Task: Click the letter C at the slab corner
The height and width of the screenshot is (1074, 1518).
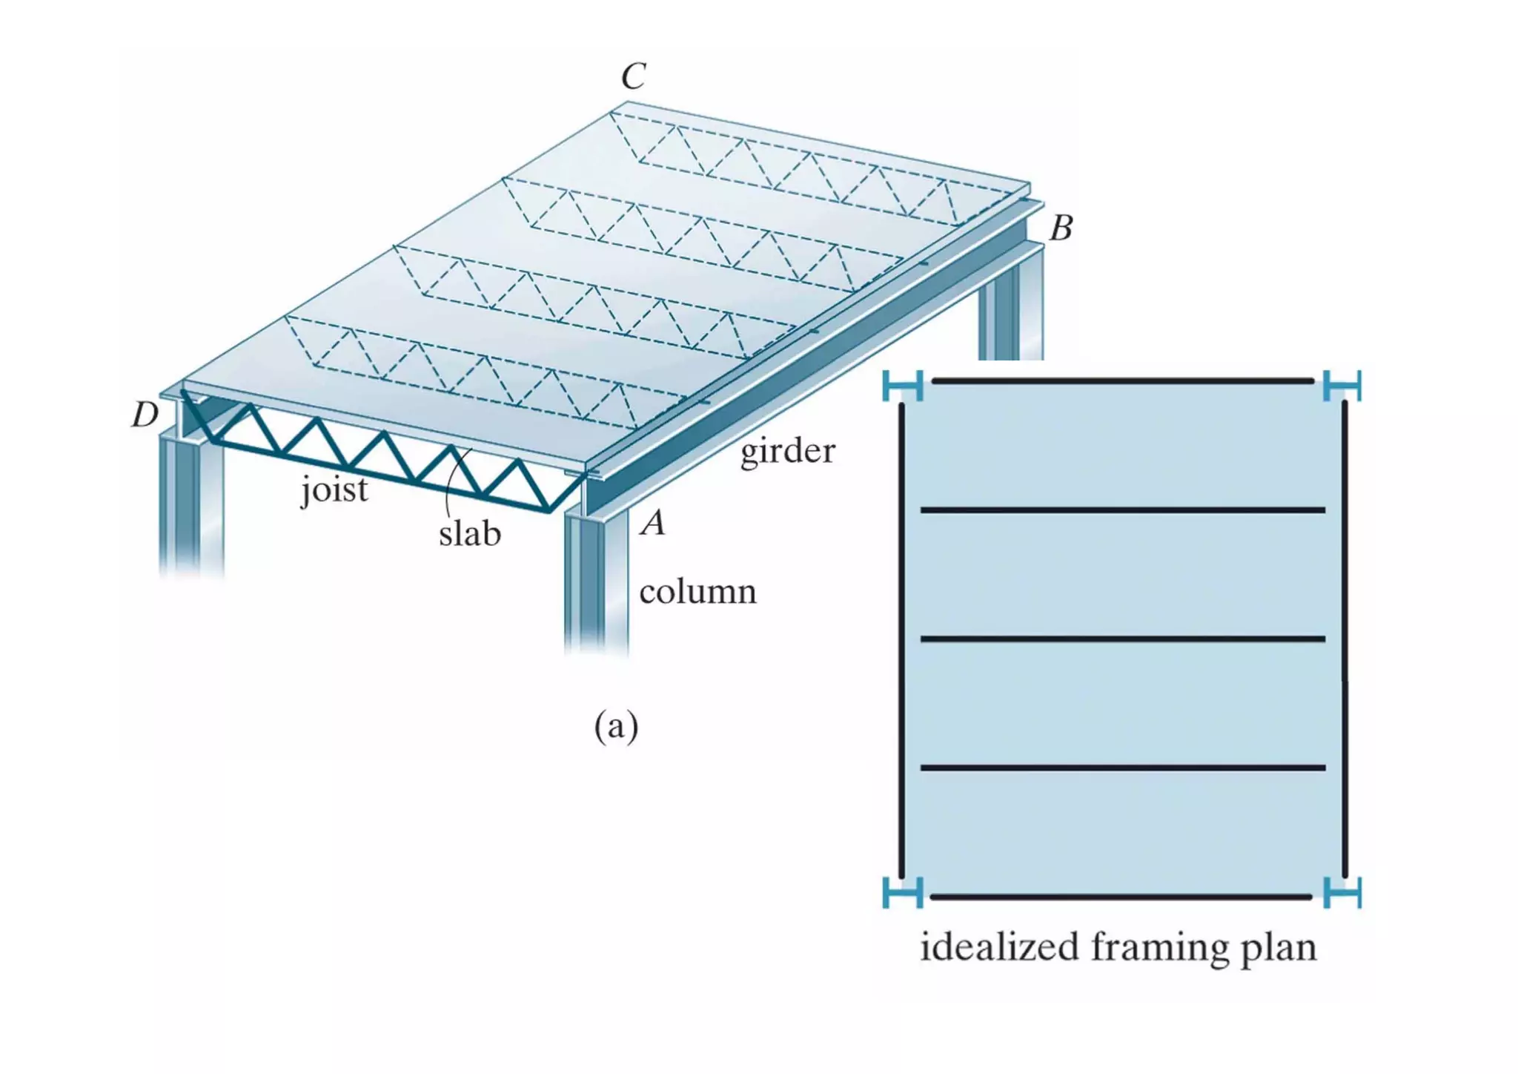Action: click(x=634, y=76)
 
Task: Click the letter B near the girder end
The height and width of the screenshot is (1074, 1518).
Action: click(x=1061, y=228)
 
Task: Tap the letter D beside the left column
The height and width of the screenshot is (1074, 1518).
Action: click(x=145, y=415)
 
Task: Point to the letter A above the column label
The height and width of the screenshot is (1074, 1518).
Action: click(x=653, y=523)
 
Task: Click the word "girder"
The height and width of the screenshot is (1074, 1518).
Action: click(x=787, y=450)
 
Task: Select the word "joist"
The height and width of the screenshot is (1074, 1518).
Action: click(x=334, y=490)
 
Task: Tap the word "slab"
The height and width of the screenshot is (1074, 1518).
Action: click(x=470, y=533)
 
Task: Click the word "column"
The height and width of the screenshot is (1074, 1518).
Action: click(x=697, y=592)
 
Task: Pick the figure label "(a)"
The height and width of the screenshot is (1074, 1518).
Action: click(x=616, y=725)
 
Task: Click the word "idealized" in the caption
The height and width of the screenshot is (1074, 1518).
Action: click(x=999, y=947)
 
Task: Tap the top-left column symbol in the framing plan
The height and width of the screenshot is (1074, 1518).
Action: click(x=902, y=386)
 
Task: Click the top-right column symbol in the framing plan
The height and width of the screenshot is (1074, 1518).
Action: click(x=1342, y=386)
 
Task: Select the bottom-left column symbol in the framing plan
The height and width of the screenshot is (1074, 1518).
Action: click(x=902, y=892)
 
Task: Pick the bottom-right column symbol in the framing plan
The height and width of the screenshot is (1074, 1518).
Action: click(x=1342, y=892)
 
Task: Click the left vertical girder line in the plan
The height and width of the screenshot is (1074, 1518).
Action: click(x=901, y=638)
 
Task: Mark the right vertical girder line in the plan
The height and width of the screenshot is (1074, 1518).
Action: click(x=1345, y=638)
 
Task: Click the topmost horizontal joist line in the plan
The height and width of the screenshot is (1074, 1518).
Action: click(x=1122, y=380)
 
